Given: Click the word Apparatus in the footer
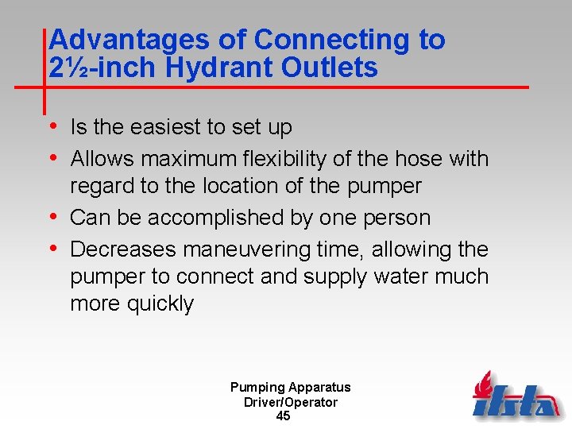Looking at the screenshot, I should point(319,388).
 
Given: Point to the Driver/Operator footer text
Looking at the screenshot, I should point(290,402).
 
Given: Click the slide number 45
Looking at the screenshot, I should point(283,416).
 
